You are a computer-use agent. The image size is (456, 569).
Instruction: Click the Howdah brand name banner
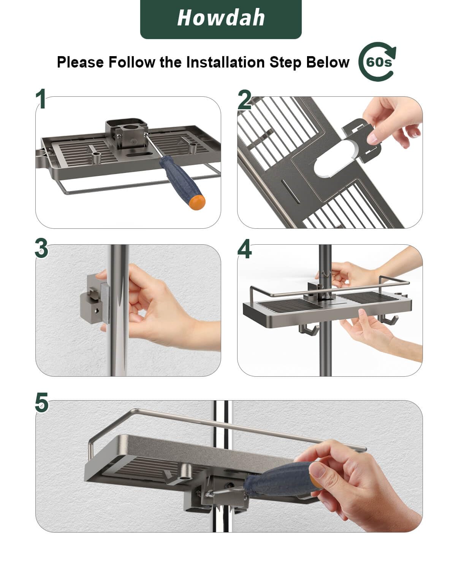tap(220, 19)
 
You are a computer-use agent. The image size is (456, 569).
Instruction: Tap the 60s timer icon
tap(377, 62)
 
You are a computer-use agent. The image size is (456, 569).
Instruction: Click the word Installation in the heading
tap(225, 62)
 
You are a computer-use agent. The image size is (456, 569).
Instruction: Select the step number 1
tap(41, 99)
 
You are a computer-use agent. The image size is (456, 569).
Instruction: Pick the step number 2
tap(244, 99)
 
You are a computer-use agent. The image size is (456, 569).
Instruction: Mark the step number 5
tap(41, 402)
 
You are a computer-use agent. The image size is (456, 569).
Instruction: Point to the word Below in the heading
tap(328, 62)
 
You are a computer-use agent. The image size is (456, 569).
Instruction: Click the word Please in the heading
tap(80, 62)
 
